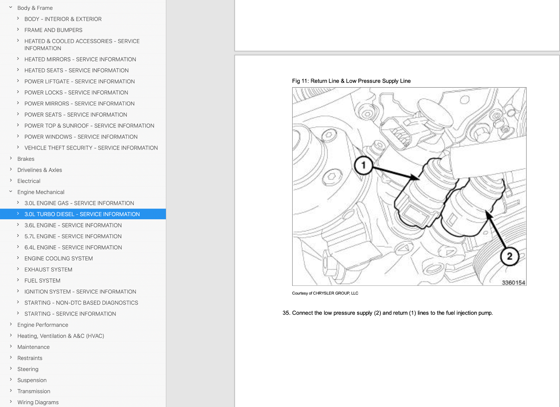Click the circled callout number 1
(364, 165)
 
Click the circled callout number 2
(510, 256)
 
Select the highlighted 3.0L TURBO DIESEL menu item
(82, 214)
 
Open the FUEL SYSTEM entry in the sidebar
(42, 281)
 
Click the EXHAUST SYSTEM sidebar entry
(48, 269)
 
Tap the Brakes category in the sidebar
(26, 159)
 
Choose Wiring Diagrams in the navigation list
(38, 402)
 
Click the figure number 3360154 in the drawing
(513, 283)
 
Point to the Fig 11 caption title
(351, 81)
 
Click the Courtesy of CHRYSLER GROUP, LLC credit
(325, 293)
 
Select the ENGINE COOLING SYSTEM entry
(58, 258)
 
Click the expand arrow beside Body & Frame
(11, 7)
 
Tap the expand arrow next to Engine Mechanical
(11, 192)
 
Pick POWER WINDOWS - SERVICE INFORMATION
(81, 137)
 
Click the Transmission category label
(34, 391)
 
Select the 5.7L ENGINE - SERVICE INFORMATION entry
(73, 236)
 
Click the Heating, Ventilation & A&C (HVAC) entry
(61, 336)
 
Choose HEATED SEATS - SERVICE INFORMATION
(77, 70)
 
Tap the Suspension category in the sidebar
(32, 380)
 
